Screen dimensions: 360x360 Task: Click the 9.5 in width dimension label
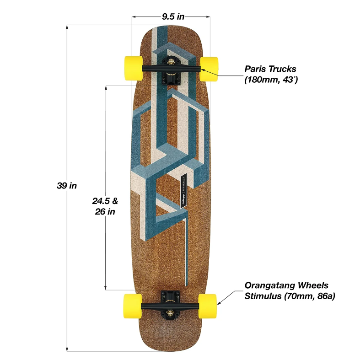[172, 16]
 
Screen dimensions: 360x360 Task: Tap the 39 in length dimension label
[67, 186]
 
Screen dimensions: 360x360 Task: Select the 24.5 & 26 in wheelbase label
[105, 206]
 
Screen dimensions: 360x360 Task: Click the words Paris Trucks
[270, 69]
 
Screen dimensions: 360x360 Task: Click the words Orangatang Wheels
[286, 285]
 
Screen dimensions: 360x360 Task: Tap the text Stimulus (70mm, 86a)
[290, 296]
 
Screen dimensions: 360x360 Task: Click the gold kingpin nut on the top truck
[171, 62]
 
